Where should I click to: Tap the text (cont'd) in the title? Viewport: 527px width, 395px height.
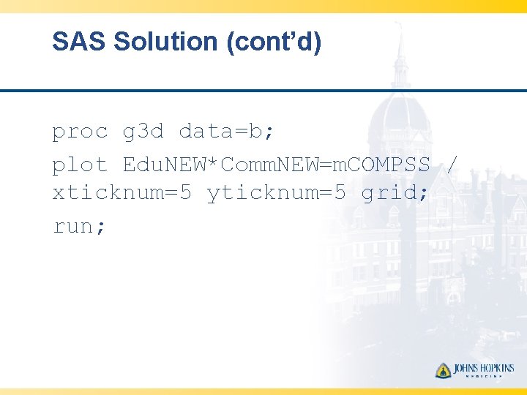pos(274,42)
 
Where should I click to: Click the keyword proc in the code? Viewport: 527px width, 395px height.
pos(80,132)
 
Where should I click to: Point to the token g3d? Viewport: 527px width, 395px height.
pos(143,132)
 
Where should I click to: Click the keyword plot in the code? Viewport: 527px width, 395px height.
pos(80,165)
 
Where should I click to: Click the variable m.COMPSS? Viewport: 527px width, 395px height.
pos(381,165)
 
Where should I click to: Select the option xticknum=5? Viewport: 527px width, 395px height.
pos(122,194)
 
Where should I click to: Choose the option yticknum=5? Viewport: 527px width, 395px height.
pos(277,194)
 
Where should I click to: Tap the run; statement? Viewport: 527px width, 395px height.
pos(80,226)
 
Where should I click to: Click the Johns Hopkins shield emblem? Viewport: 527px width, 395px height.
pos(444,370)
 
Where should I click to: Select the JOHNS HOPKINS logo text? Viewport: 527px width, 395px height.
pos(484,368)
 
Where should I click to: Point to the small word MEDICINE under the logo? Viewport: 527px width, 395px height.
pos(484,377)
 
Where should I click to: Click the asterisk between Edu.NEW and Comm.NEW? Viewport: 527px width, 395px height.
pos(213,164)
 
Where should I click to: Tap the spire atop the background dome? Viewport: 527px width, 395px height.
pos(400,44)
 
